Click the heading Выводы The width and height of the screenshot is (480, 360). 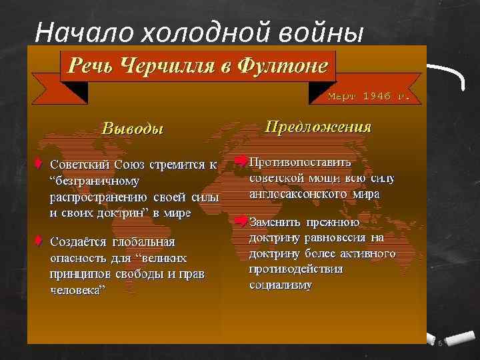tap(132, 129)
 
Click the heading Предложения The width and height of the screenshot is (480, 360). tap(318, 127)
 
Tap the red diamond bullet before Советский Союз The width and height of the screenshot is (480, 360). tap(39, 163)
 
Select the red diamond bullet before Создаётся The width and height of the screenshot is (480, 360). tap(39, 241)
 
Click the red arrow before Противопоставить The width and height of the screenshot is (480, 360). tap(240, 161)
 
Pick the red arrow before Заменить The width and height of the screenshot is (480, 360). tap(240, 221)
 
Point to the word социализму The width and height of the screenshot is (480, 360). tap(280, 285)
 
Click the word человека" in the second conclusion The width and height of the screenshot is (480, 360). tap(78, 290)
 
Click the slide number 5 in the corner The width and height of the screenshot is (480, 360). tap(441, 343)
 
